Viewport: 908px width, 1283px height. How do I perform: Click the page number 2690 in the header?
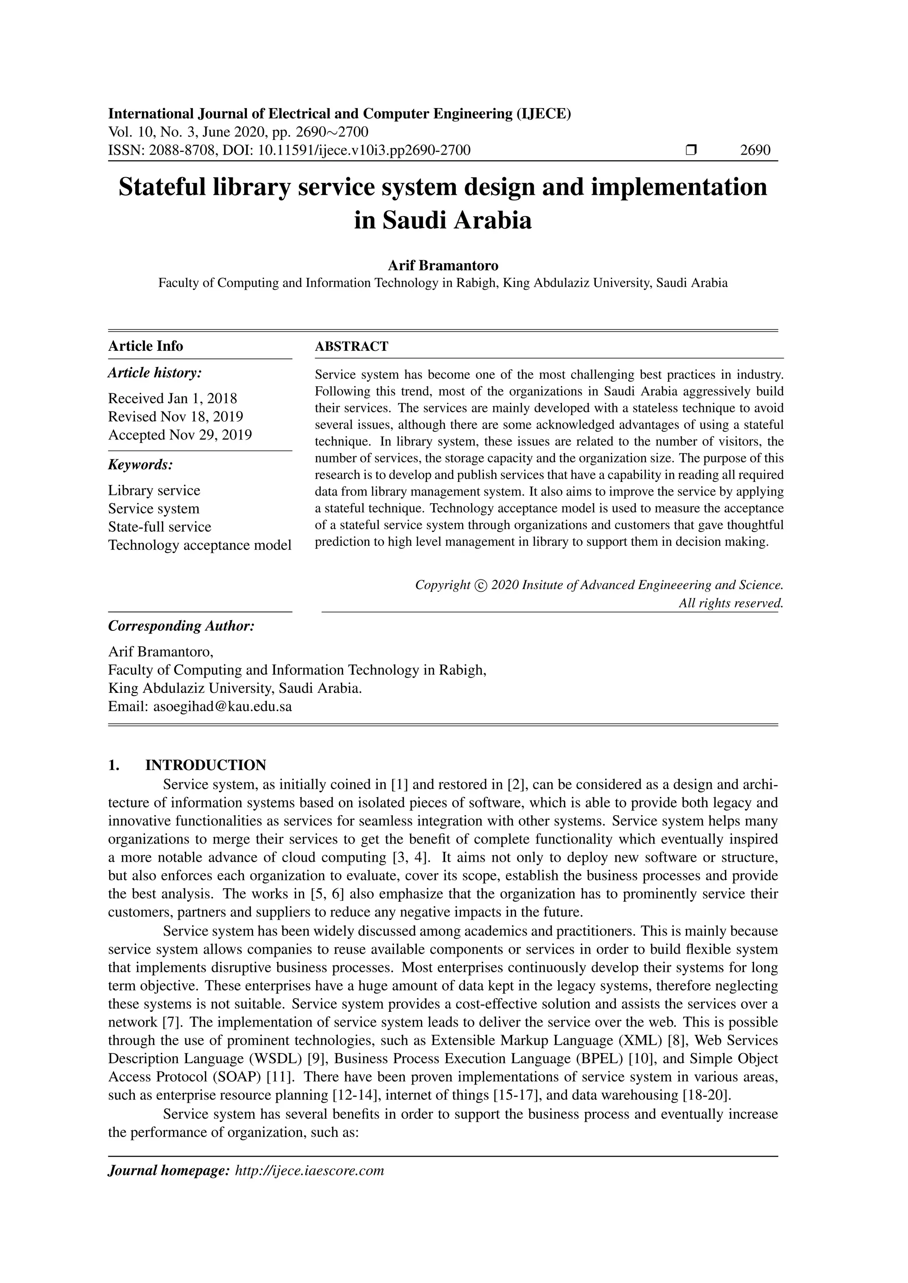(x=755, y=150)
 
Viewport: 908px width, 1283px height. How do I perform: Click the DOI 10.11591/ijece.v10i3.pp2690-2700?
(x=364, y=150)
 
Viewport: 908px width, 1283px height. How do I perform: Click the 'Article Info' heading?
(x=145, y=346)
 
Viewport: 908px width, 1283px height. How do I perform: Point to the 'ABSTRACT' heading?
(x=351, y=346)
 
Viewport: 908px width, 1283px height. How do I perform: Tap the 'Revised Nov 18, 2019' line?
(x=176, y=417)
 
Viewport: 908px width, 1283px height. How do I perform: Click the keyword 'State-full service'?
(x=160, y=527)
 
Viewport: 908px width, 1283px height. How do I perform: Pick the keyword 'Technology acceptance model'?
(x=200, y=545)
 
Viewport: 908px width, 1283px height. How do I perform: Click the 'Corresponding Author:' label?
(x=181, y=626)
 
